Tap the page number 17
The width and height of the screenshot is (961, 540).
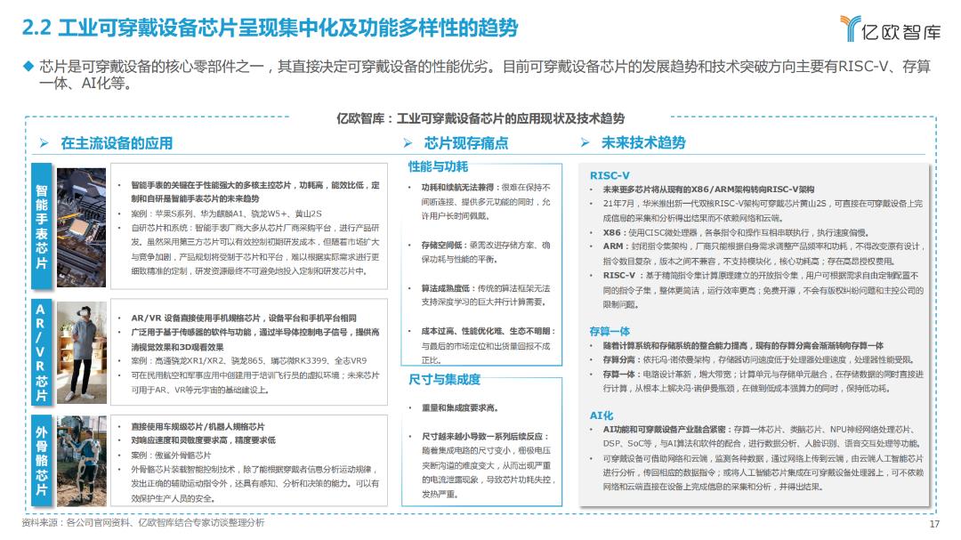coord(934,524)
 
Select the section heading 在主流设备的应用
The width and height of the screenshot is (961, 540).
coord(116,143)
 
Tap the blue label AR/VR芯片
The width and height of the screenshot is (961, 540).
coord(42,352)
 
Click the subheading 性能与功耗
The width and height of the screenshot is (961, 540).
coord(438,166)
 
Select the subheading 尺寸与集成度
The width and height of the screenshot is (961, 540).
coord(444,380)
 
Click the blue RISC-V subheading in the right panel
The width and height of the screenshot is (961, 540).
coord(610,175)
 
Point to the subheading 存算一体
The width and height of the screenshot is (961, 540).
coord(610,331)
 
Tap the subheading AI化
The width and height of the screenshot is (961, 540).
coord(602,415)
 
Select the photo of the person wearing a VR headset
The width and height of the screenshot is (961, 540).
coord(79,352)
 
